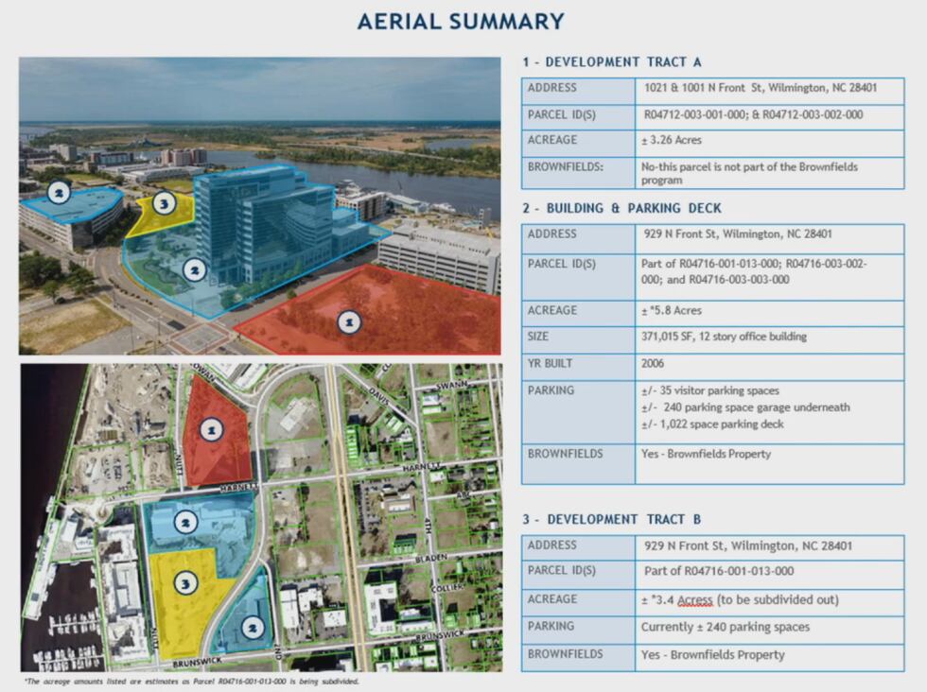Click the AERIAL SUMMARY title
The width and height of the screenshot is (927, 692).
461,21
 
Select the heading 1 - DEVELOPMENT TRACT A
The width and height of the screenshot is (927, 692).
612,62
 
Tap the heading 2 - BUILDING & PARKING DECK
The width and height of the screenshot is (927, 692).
621,208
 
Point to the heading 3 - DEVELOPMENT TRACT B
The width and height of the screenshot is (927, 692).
612,520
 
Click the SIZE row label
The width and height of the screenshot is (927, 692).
541,337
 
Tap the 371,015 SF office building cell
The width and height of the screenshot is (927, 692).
725,337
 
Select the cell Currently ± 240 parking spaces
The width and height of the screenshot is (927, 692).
725,627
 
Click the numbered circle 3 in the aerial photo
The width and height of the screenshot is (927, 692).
165,203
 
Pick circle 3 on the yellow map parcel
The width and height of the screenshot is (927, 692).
186,583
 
